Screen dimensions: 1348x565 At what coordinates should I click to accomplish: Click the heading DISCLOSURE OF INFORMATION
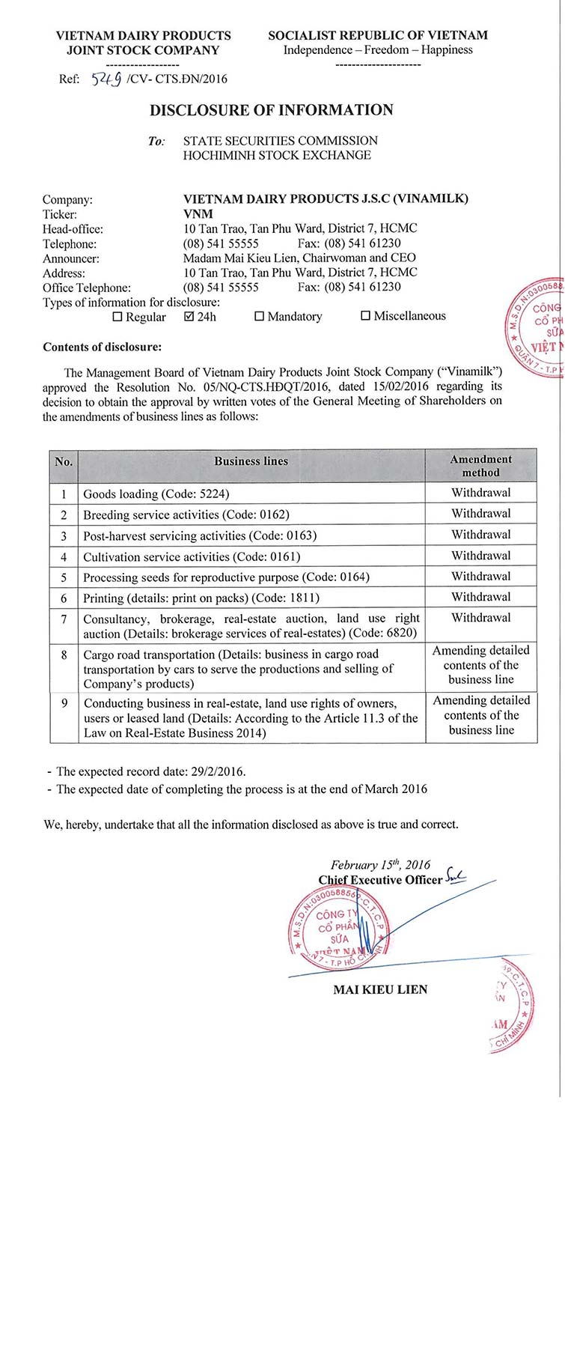pos(271,110)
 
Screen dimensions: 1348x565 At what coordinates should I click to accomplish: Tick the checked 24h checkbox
pos(189,316)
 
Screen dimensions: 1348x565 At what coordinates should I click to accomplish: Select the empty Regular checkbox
pos(117,317)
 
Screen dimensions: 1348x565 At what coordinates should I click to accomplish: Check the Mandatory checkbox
pos(260,316)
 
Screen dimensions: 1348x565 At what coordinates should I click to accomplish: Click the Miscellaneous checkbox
pos(366,316)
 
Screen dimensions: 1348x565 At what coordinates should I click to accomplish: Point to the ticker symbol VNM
pos(198,213)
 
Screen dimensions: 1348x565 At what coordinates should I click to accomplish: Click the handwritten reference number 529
pos(106,79)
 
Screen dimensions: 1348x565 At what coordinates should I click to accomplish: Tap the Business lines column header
pos(251,461)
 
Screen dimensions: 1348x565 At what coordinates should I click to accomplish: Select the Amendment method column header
pos(480,466)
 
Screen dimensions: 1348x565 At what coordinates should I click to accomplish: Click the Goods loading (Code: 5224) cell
pos(156,494)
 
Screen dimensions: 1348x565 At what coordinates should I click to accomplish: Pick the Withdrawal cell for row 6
pos(480,597)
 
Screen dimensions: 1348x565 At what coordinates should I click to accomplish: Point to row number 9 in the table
pos(64,703)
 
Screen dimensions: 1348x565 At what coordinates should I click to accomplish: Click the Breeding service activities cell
pos(186,514)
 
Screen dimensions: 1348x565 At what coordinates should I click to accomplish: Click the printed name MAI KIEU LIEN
pos(380,989)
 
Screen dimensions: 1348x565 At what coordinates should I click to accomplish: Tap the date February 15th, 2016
pos(380,864)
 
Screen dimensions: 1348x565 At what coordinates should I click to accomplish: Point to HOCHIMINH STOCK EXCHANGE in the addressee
pos(277,155)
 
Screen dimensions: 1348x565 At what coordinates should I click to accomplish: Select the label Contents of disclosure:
pos(102,347)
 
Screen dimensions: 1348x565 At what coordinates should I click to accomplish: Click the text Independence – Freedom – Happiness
pos(378,50)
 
